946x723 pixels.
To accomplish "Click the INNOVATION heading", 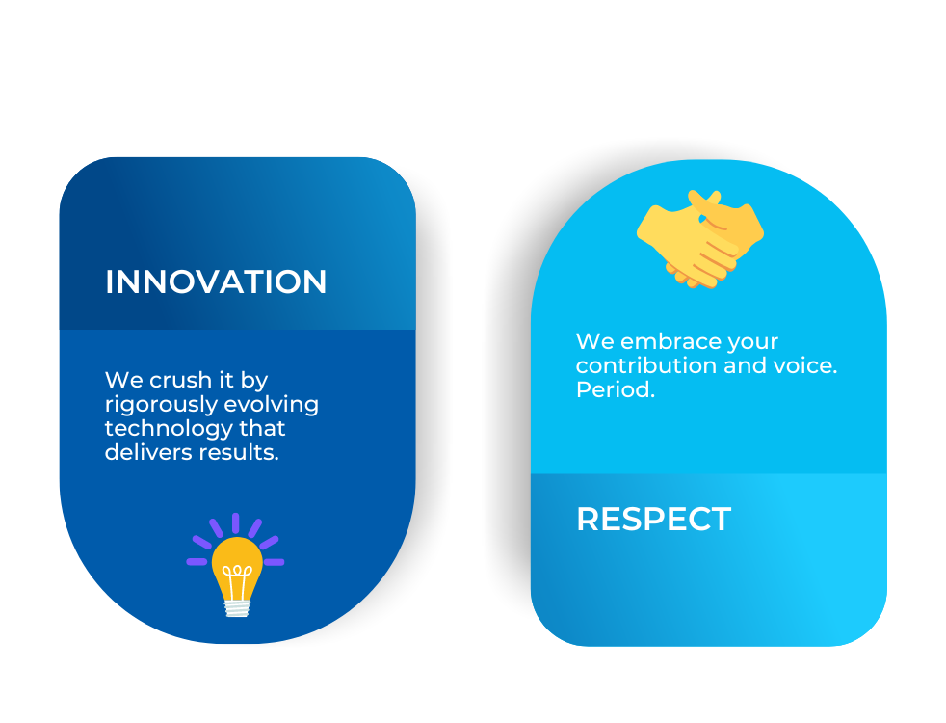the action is [x=216, y=281].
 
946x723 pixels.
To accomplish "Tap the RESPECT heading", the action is [x=653, y=519].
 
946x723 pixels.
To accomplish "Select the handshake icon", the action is [x=699, y=239].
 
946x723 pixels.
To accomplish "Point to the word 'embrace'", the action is [x=670, y=341].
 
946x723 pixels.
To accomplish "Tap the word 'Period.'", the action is [x=616, y=389].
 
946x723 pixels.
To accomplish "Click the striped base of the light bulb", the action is [x=237, y=607].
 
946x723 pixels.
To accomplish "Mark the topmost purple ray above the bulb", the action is [x=235, y=522].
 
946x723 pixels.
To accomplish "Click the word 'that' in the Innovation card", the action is [x=262, y=428].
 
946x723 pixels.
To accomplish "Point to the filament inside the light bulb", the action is [x=237, y=580].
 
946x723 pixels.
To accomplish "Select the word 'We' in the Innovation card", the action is [x=124, y=380].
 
